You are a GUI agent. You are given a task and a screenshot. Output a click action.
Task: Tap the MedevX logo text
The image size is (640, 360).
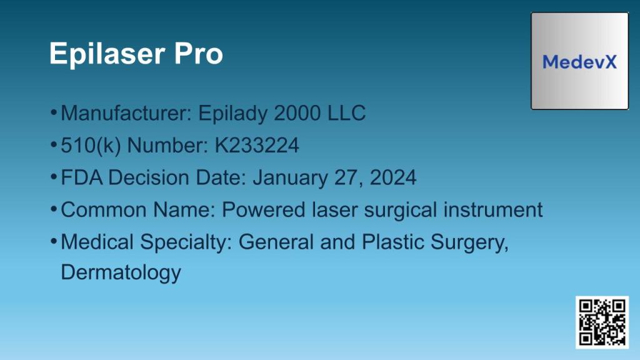579,62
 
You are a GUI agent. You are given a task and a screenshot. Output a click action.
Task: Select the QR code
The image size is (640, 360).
601,322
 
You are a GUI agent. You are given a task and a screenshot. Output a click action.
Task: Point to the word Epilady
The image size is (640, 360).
232,114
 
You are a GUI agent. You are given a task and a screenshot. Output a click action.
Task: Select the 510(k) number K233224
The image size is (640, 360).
257,146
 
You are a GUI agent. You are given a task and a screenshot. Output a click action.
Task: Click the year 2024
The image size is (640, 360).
393,177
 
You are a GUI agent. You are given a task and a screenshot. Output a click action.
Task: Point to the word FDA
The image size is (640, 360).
82,177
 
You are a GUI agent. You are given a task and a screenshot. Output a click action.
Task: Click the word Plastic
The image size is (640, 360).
389,242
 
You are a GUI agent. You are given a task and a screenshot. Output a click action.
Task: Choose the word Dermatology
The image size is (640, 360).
121,273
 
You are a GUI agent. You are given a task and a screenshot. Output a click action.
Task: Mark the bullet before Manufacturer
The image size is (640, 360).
54,113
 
